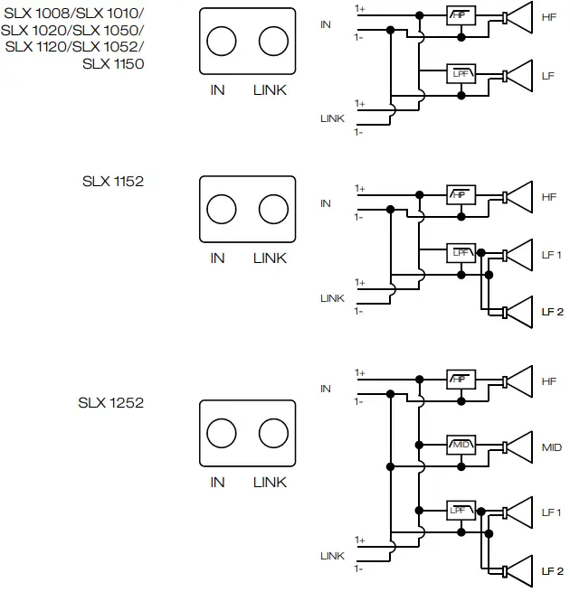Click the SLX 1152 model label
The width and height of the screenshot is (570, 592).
[x=112, y=181]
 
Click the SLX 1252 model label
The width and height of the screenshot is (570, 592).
[x=111, y=402]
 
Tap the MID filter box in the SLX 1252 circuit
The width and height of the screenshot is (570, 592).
[x=461, y=446]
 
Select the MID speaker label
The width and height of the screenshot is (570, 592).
[x=552, y=447]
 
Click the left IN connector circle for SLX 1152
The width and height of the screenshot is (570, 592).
[x=221, y=209]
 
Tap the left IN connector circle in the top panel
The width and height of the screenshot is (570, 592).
[x=221, y=42]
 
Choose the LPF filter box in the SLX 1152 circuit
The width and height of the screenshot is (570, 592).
[x=461, y=252]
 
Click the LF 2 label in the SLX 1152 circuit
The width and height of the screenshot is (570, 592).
[x=552, y=312]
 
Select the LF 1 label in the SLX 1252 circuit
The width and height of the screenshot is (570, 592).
[x=552, y=512]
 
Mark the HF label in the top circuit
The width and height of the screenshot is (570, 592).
[x=549, y=17]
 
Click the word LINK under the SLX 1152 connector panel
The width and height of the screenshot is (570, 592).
[x=270, y=258]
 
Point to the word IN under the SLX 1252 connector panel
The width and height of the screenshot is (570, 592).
[x=217, y=483]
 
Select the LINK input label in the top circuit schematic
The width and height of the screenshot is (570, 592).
[x=332, y=118]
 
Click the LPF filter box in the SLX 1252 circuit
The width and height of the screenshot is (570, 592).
[x=461, y=511]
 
